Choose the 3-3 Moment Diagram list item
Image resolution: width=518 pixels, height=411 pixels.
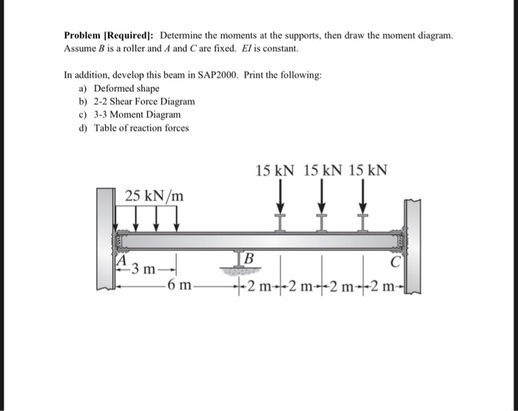(137, 115)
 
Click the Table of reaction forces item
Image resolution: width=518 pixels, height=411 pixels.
(141, 128)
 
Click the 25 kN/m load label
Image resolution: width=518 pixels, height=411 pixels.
(155, 196)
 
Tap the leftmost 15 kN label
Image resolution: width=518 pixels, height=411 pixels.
(275, 170)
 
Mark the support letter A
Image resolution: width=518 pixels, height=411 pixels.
(121, 259)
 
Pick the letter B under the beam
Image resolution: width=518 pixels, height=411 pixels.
(249, 259)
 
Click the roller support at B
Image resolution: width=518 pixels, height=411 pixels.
(238, 261)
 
